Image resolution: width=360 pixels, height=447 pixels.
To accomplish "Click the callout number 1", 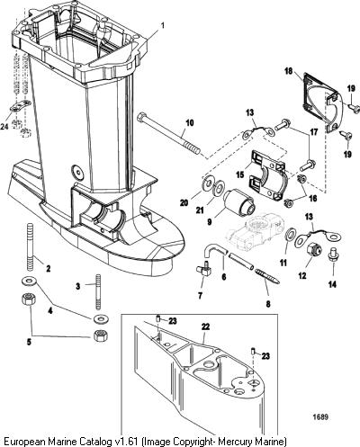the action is point(163,26).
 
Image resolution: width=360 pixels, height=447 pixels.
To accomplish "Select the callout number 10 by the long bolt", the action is point(190,123).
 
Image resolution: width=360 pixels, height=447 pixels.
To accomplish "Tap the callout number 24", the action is point(4,127).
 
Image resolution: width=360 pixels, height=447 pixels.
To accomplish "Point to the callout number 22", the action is point(205,326).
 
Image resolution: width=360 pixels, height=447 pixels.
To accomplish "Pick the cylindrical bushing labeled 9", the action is point(239,205).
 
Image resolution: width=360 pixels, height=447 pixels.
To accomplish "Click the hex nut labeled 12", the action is point(314,251).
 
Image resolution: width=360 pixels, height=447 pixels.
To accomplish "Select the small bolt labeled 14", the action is point(332,255).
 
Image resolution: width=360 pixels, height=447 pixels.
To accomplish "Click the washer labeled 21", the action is point(218,187).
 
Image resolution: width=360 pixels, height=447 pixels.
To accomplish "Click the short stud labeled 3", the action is point(98,291).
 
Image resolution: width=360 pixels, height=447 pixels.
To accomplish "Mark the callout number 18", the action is point(289,72).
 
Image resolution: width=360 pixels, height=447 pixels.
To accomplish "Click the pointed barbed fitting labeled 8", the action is point(267,276).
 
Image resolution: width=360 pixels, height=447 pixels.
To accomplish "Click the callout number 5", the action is point(29,342).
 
